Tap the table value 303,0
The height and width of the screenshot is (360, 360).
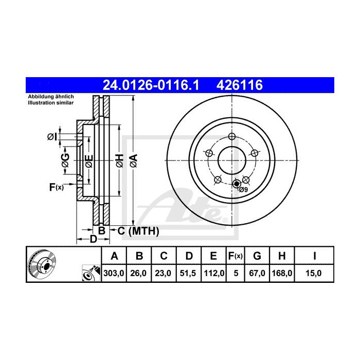(115, 274)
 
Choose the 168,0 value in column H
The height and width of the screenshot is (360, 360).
(282, 274)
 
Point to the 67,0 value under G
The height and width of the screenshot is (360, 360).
(258, 274)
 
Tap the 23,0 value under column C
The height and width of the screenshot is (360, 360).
(163, 274)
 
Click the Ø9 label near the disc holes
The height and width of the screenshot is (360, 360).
(243, 190)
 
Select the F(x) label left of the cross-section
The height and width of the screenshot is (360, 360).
(56, 188)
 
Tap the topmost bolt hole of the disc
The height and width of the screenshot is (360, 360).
(231, 136)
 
